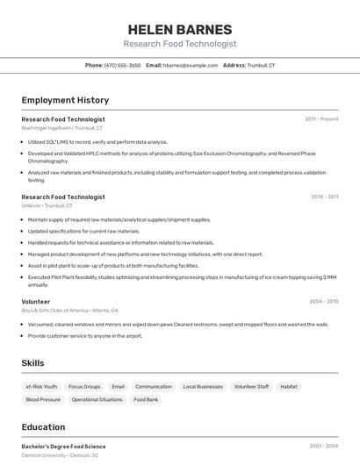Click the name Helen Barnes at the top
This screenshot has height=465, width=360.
click(x=180, y=29)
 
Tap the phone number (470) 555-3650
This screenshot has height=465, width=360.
click(x=122, y=66)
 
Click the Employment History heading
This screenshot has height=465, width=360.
click(x=65, y=101)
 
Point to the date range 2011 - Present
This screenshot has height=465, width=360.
click(x=321, y=119)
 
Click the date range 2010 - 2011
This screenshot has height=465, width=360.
click(x=324, y=197)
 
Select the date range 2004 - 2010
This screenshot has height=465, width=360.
click(x=323, y=302)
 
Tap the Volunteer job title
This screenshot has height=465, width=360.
click(x=36, y=302)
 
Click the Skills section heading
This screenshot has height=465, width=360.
click(x=33, y=362)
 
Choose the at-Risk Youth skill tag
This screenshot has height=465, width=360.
click(x=41, y=386)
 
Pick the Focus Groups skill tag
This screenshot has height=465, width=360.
click(x=84, y=386)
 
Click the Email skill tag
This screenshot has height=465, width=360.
click(x=118, y=386)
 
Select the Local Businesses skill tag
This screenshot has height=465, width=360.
click(x=203, y=386)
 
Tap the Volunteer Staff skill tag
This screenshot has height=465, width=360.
click(x=251, y=386)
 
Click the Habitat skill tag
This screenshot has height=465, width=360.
click(x=289, y=386)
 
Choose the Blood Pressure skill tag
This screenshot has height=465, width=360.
click(x=43, y=399)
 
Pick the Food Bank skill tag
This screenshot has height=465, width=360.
click(x=146, y=399)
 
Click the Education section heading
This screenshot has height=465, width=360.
click(x=43, y=427)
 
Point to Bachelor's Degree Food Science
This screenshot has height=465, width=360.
click(x=63, y=447)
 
